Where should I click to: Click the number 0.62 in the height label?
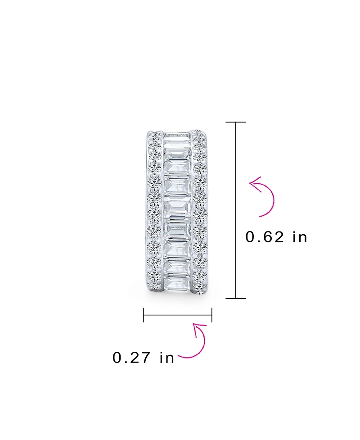[x=265, y=237]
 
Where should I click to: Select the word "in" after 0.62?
[x=299, y=237]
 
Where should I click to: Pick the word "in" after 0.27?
[x=166, y=358]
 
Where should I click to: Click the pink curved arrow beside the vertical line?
[x=265, y=197]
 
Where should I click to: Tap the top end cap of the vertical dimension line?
[x=235, y=122]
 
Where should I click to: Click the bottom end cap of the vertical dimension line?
[x=235, y=298]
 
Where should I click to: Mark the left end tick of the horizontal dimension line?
[x=143, y=315]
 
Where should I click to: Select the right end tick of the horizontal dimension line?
[x=211, y=315]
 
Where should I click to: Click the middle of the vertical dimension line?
[x=235, y=210]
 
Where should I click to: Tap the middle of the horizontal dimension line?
[x=177, y=315]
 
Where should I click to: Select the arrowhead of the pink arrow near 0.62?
[x=254, y=182]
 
